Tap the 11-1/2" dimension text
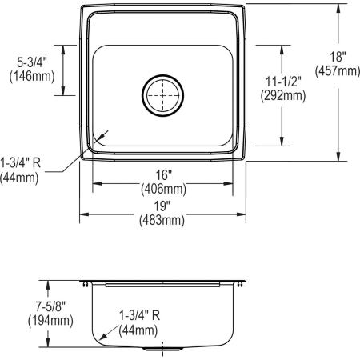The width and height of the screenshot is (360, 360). click(x=282, y=81)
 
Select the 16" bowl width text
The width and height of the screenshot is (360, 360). click(x=163, y=174)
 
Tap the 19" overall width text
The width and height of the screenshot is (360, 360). click(x=163, y=205)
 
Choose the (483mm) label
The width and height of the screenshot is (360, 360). click(x=163, y=219)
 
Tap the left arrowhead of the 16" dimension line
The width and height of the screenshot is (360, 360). click(x=94, y=183)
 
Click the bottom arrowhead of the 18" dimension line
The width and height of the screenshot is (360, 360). click(x=339, y=158)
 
